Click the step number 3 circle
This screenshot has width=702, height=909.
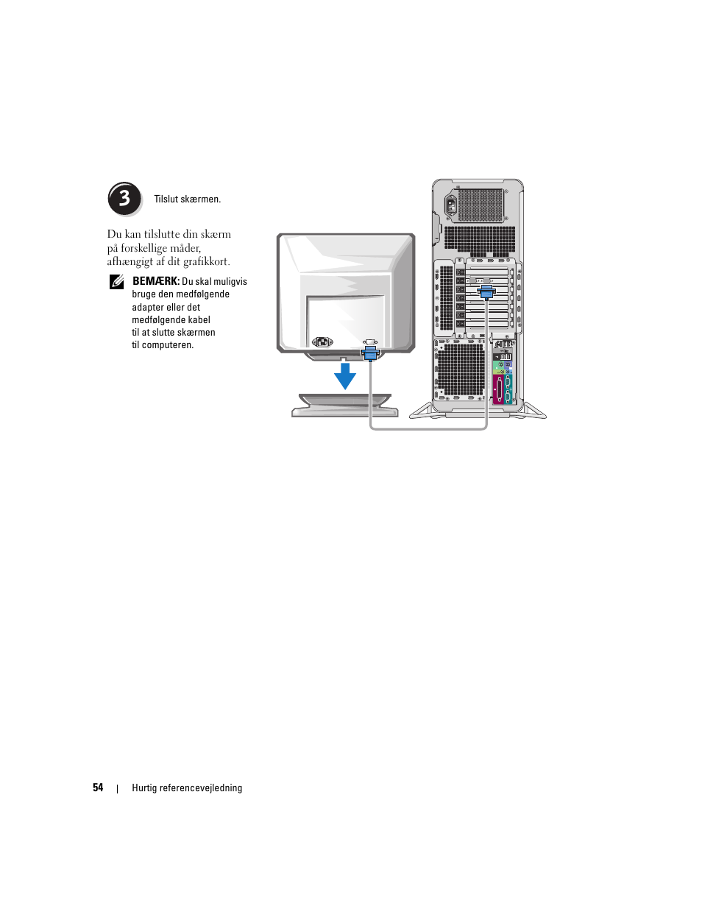point(124,199)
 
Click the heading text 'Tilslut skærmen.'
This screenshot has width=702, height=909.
point(187,199)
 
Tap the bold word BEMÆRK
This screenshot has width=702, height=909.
point(156,281)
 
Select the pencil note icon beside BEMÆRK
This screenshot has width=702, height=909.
point(117,281)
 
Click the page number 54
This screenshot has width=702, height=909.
point(98,788)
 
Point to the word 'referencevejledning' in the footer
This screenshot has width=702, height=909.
point(200,788)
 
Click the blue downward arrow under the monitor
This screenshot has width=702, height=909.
point(344,376)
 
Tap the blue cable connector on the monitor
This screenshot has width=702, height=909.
point(370,353)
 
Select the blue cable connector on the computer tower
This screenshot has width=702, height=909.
point(486,291)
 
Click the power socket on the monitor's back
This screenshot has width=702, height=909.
point(322,342)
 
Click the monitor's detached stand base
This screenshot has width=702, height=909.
point(344,406)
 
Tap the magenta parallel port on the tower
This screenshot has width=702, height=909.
point(498,390)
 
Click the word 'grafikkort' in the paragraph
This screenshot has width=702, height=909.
point(205,261)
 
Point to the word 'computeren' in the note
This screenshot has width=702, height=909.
point(166,345)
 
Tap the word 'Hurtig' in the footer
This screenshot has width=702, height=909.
point(144,788)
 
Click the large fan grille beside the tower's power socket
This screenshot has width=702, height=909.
point(481,205)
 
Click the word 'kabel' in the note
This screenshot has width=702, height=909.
point(199,320)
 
